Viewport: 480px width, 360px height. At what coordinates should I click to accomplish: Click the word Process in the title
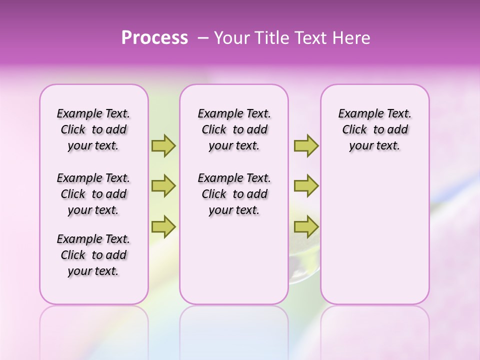click(x=154, y=38)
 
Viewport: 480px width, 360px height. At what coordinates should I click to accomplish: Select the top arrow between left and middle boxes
click(x=163, y=145)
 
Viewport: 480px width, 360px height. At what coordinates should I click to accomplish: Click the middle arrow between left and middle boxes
click(x=163, y=186)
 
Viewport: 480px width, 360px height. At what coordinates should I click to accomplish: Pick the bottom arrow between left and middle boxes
click(x=163, y=227)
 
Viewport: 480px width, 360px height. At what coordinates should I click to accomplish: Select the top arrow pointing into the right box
click(x=306, y=145)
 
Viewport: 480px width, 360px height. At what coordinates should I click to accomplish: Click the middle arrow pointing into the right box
click(x=306, y=186)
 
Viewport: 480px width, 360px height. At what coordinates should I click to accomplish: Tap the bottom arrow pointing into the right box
click(x=306, y=227)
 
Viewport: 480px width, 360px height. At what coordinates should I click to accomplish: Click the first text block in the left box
click(x=93, y=129)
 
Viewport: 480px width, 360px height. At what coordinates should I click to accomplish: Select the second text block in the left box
click(x=93, y=194)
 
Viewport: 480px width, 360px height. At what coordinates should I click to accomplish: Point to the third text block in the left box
click(x=93, y=255)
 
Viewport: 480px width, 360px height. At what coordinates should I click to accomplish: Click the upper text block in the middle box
click(x=234, y=129)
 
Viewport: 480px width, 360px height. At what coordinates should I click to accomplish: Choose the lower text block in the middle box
click(x=234, y=194)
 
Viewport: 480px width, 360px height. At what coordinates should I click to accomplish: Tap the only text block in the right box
click(x=374, y=129)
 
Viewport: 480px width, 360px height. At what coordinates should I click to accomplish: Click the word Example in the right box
click(x=356, y=114)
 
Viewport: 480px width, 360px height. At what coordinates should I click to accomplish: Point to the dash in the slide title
click(x=203, y=38)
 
